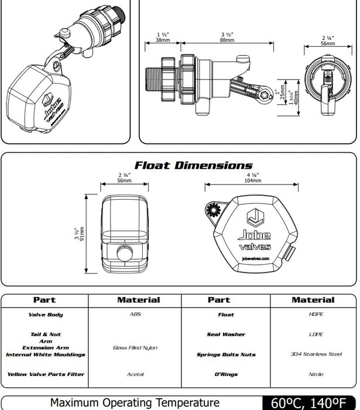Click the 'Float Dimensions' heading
coord(193,165)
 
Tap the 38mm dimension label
coord(163,40)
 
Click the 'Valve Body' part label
coord(46,315)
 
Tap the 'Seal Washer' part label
coord(226,334)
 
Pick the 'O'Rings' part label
coord(226,374)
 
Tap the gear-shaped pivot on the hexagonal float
coord(212,210)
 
